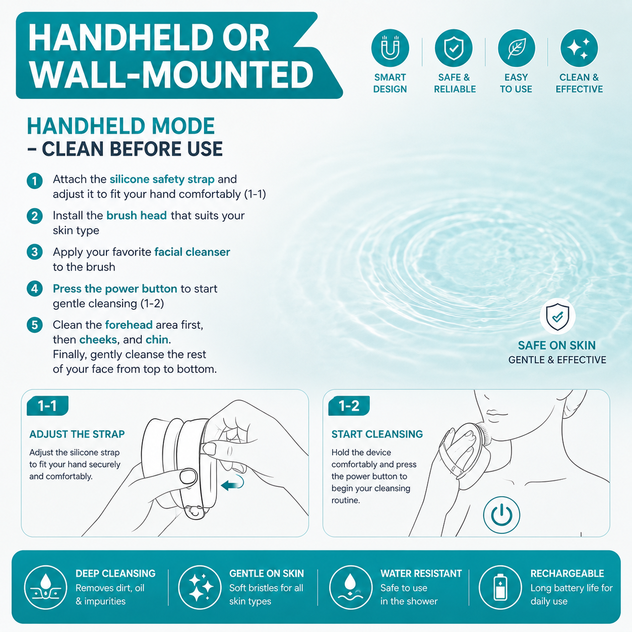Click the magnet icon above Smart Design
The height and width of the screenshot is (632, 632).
click(390, 48)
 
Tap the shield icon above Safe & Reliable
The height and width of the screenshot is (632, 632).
click(454, 48)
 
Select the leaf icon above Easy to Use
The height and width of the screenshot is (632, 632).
click(517, 48)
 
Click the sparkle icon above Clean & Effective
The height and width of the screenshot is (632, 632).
click(579, 48)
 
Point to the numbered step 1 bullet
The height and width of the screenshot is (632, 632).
click(35, 181)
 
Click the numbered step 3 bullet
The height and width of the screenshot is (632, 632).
click(35, 252)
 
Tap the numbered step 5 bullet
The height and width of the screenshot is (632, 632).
click(35, 325)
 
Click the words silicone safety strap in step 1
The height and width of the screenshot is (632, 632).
click(162, 179)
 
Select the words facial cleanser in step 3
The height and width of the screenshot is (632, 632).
click(192, 252)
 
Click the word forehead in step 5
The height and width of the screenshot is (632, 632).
click(129, 325)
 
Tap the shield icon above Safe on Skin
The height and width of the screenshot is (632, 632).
click(557, 316)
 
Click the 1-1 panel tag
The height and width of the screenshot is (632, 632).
click(47, 406)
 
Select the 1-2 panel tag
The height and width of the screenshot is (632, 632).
click(349, 406)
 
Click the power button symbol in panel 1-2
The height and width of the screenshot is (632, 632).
click(501, 515)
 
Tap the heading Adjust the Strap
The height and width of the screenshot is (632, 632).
click(77, 434)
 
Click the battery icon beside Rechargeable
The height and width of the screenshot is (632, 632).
click(500, 587)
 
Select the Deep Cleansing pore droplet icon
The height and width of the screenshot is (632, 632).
click(45, 587)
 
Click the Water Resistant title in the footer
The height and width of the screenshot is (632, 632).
click(421, 574)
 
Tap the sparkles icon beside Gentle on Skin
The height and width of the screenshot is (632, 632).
click(200, 587)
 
